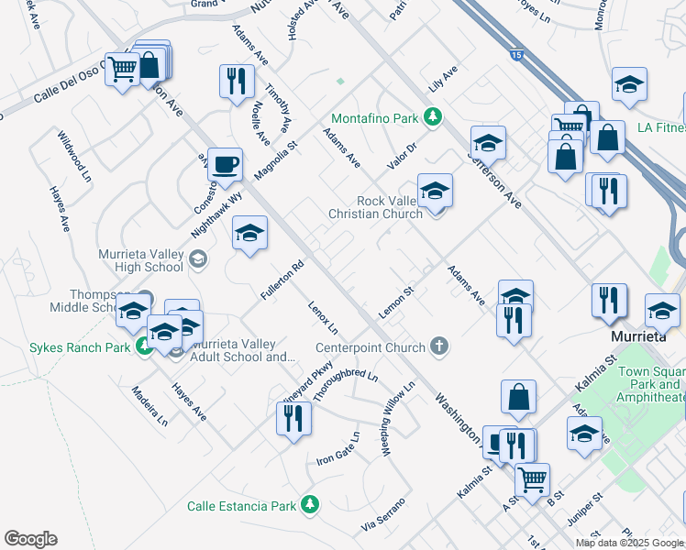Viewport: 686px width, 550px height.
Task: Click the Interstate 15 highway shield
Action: (x=517, y=56)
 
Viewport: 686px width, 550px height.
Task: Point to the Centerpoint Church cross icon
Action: (x=439, y=346)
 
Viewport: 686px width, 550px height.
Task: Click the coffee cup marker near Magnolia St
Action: (x=225, y=166)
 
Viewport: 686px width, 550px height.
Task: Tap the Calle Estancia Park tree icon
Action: (x=310, y=505)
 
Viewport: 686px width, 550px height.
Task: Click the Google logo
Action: (x=30, y=539)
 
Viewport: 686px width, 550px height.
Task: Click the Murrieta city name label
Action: (x=638, y=336)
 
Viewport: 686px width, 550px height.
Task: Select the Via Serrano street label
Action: (x=383, y=516)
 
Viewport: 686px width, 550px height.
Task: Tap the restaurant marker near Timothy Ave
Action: (x=238, y=82)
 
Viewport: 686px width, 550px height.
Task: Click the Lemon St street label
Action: (x=397, y=300)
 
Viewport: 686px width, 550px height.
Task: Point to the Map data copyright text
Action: (x=629, y=543)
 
